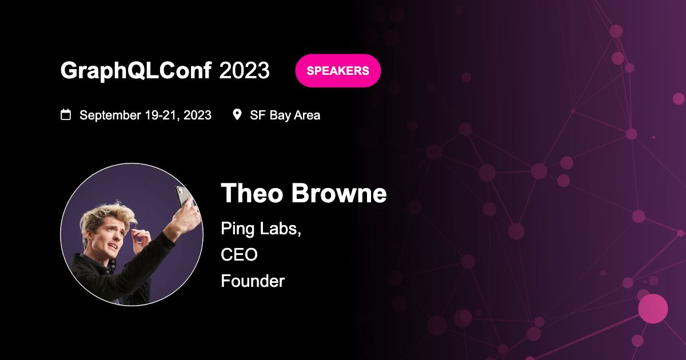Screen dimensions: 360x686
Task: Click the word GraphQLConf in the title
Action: point(136,71)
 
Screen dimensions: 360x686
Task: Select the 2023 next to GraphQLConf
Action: point(245,71)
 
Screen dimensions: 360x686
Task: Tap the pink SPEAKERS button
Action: point(338,71)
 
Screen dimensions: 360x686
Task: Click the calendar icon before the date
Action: point(66,115)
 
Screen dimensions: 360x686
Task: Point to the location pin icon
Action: point(237,115)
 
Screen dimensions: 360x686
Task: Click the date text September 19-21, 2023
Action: point(145,115)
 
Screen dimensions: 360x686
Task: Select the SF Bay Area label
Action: point(285,115)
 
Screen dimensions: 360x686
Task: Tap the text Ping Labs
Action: point(261,229)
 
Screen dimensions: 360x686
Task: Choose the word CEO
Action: point(239,255)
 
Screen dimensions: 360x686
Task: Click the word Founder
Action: point(253,281)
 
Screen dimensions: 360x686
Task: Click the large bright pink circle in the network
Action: point(653,309)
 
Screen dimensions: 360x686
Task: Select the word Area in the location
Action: point(307,115)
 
